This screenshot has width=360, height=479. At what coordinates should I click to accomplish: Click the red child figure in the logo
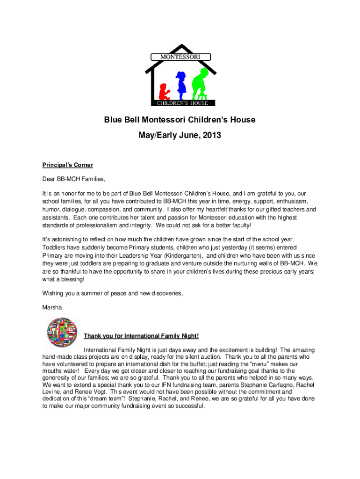pos(164,91)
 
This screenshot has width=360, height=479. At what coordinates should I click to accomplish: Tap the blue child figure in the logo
pos(180,83)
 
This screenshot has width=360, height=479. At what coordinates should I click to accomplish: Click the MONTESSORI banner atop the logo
pos(180,57)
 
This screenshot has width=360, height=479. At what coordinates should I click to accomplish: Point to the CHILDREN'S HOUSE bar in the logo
pos(182,103)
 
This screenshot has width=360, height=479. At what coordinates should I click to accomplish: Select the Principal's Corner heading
pos(68,165)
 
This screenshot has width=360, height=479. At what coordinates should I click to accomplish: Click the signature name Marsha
pos(52,307)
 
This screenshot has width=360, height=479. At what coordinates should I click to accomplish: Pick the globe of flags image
pos(62,333)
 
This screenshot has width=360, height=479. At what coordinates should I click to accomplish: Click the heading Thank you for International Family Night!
pos(141,336)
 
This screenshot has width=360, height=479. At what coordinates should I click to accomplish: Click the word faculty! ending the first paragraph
pos(239,225)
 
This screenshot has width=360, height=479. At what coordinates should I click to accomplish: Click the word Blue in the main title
pos(113,120)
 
